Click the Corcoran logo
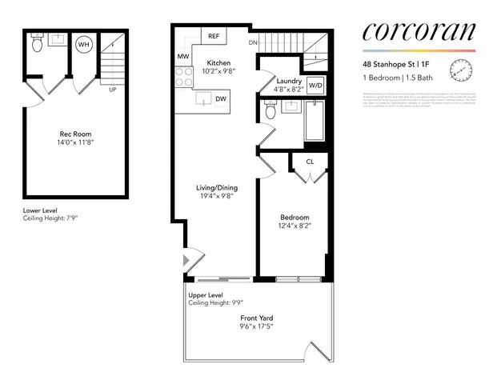point(419,32)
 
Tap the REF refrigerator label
point(214,37)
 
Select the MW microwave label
point(182,57)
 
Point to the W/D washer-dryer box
point(315,85)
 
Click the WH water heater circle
point(83,45)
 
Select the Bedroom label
point(294,218)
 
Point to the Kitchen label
point(218,62)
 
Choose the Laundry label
point(288,81)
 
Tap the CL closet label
point(310,162)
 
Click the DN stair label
point(253,42)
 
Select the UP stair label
point(112,90)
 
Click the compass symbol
point(462,72)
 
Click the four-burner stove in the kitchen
point(183,76)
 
